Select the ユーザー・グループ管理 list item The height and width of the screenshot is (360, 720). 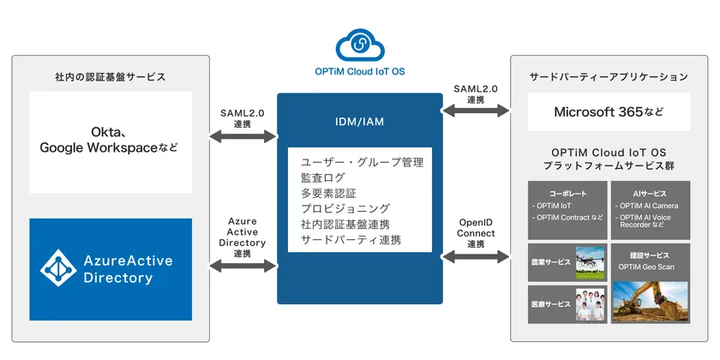(362, 161)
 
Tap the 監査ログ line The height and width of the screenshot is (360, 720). (324, 177)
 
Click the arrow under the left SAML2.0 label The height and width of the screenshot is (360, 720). (242, 136)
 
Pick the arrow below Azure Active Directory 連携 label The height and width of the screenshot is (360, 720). (242, 267)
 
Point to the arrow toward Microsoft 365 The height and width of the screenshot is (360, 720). (476, 111)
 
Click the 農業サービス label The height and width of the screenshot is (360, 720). (549, 260)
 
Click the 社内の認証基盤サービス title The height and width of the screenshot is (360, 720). (110, 77)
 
